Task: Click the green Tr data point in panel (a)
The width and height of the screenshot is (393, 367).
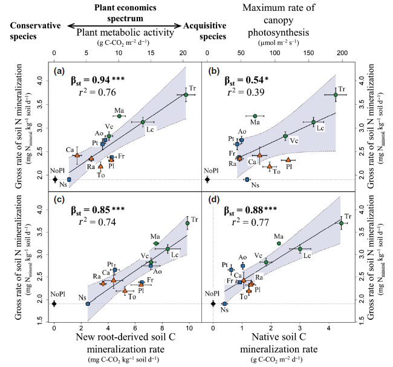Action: pyautogui.click(x=186, y=95)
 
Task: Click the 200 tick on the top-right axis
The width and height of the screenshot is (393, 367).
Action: pyautogui.click(x=342, y=53)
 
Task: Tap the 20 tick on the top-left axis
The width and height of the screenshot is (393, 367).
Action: pyautogui.click(x=183, y=53)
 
